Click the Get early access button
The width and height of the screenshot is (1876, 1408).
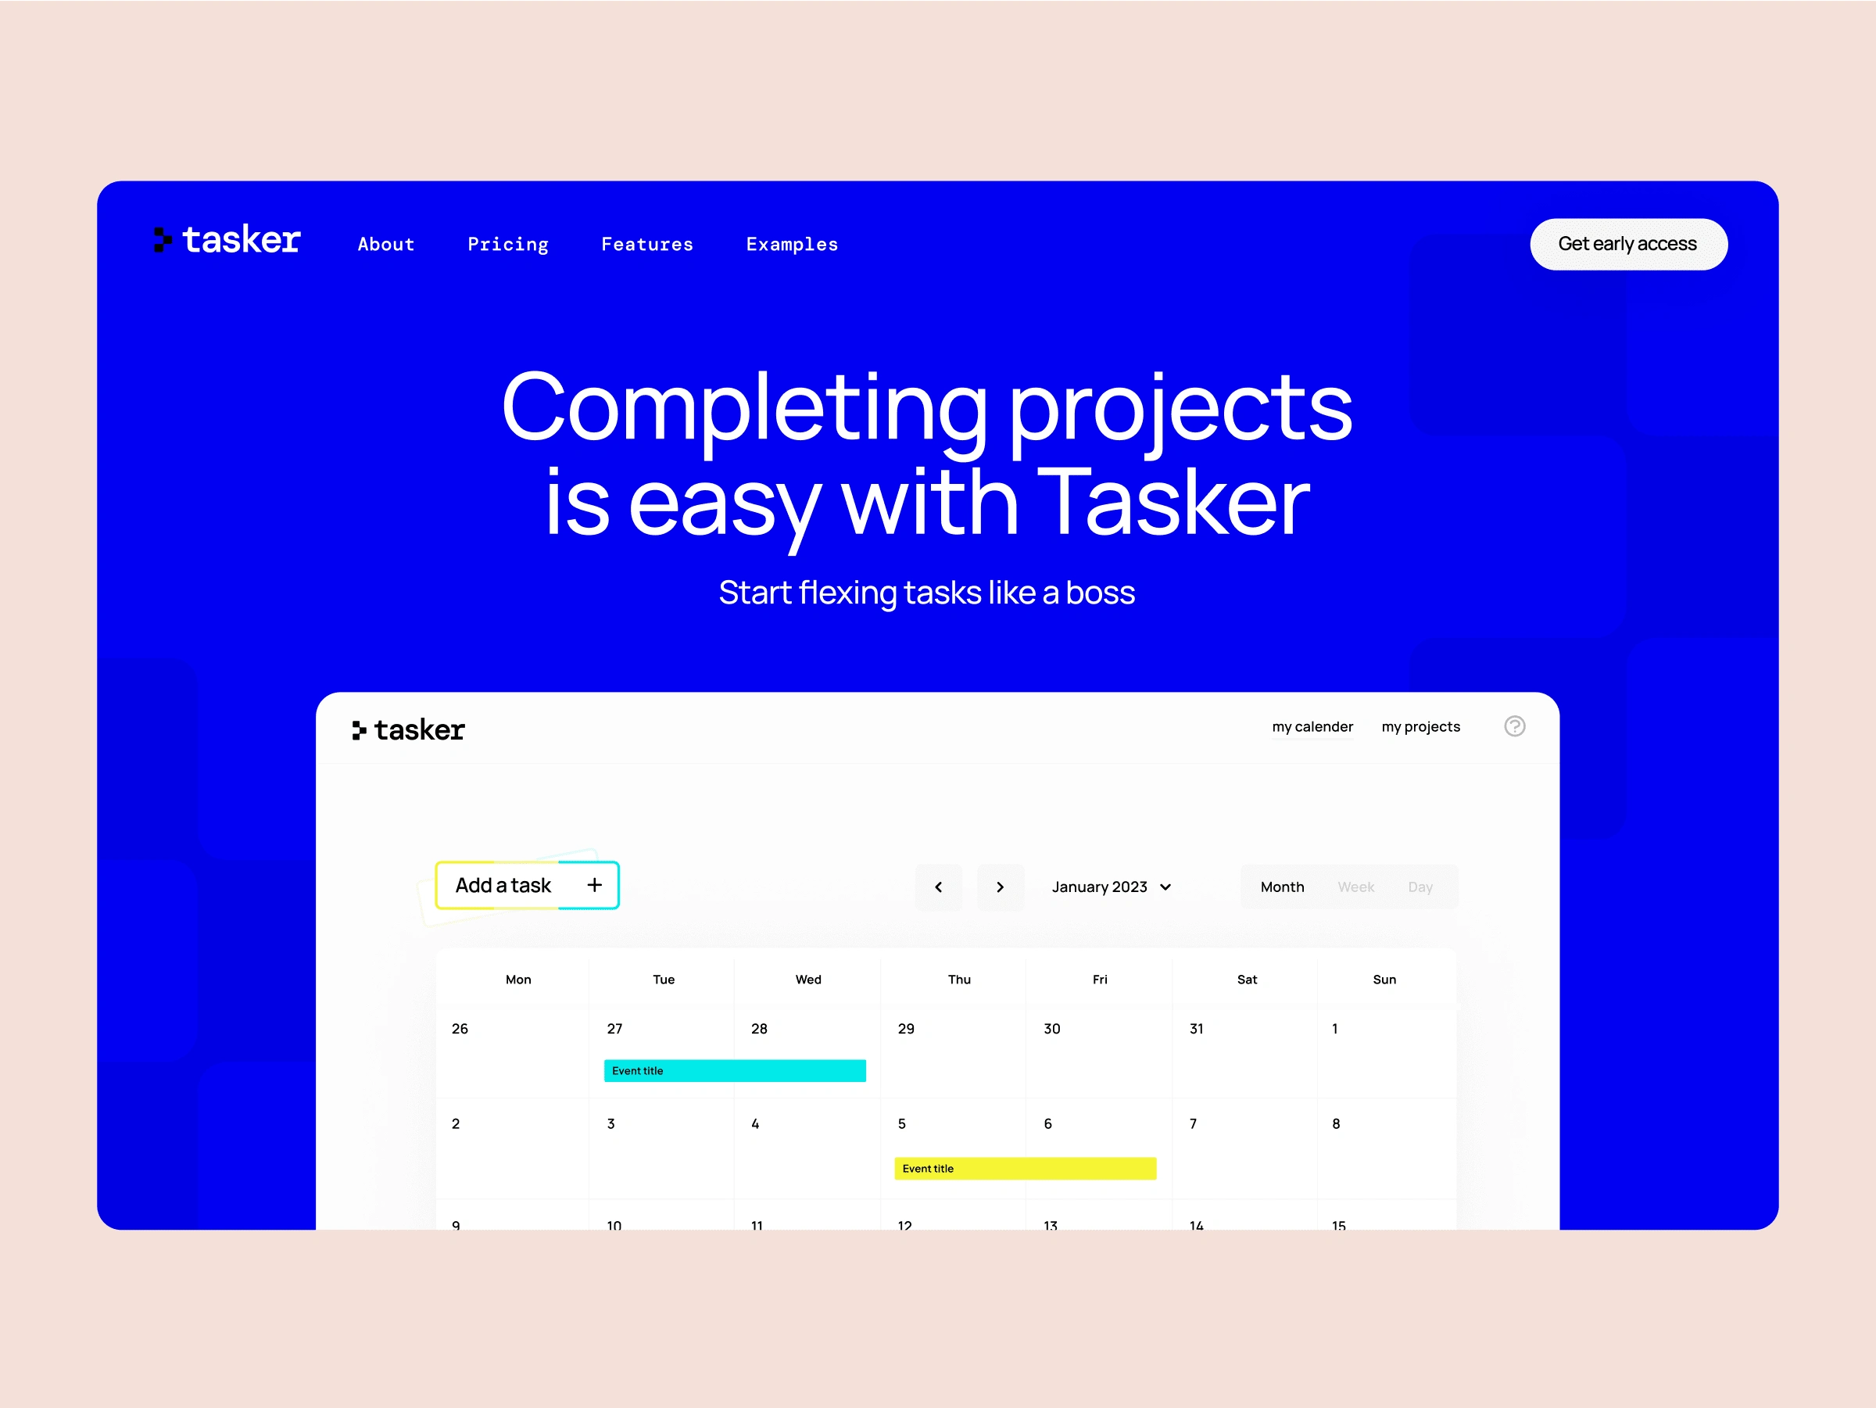[1627, 244]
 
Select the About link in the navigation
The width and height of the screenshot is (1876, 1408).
[386, 244]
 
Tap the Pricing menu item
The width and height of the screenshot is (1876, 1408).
[508, 244]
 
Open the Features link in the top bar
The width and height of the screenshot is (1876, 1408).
[647, 244]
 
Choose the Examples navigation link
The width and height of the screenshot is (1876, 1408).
[791, 244]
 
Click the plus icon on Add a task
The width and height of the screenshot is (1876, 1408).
[595, 885]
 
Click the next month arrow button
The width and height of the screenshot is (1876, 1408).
[1000, 887]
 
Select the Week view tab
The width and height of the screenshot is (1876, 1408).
[1355, 887]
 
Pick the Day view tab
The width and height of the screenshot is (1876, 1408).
[1420, 887]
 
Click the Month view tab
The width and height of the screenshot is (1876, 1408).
[1281, 887]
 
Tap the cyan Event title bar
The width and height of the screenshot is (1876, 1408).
[735, 1070]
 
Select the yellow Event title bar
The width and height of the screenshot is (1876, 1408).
[1025, 1168]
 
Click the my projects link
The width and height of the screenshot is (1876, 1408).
[1420, 727]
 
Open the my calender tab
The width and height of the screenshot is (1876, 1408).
[1312, 727]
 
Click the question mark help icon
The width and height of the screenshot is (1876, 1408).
[1515, 726]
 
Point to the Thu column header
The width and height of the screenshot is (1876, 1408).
[959, 980]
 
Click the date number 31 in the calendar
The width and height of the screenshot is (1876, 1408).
[1196, 1029]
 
